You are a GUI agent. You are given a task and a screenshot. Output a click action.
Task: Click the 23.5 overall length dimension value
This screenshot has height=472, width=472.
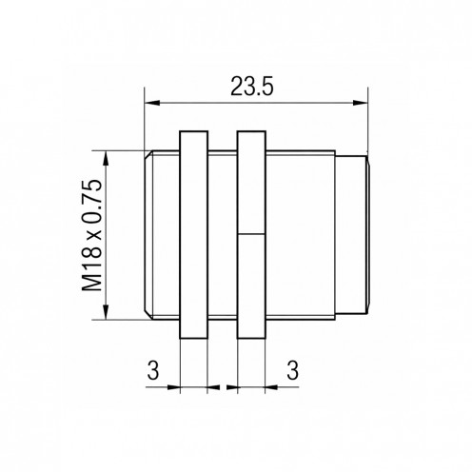click(251, 87)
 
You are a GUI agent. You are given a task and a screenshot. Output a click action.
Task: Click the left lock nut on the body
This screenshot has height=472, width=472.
click(193, 233)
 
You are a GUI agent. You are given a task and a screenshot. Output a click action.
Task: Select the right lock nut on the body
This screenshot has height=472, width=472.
click(251, 233)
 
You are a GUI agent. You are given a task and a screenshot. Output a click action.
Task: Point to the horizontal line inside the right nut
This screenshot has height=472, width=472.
click(251, 233)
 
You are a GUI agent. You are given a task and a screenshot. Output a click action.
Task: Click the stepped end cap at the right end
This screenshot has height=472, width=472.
click(352, 233)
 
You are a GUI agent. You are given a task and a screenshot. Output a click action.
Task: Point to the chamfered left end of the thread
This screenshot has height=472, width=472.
click(148, 233)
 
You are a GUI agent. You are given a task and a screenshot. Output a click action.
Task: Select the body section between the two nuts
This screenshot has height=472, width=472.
click(222, 233)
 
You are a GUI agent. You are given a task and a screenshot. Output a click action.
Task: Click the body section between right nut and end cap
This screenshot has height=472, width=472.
click(300, 233)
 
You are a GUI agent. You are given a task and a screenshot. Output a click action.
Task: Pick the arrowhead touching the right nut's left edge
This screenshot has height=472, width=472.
click(231, 387)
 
